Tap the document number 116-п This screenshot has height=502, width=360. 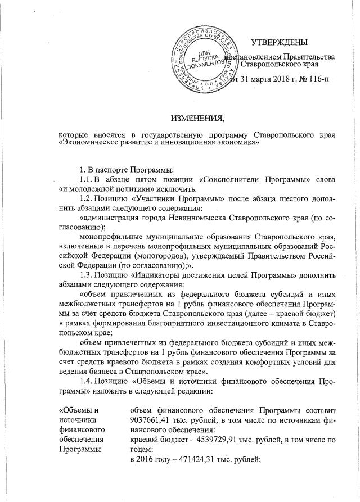click(318, 78)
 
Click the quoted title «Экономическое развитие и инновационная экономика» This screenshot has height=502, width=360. click(159, 142)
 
